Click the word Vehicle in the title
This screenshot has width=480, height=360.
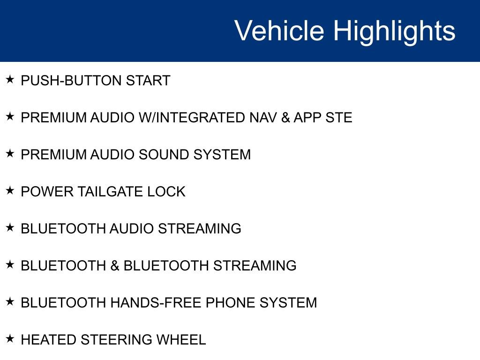279,30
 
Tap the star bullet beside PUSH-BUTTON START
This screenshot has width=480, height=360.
10,79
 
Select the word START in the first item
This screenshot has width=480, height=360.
148,81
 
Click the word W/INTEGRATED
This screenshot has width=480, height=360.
192,118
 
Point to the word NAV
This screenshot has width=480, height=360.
263,118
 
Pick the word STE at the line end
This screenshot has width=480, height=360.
339,118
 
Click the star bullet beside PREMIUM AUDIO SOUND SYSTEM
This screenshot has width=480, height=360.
10,153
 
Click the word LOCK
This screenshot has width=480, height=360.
166,192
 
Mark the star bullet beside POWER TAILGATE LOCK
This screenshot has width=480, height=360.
10,190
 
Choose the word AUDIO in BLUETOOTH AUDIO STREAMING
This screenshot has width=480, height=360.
132,229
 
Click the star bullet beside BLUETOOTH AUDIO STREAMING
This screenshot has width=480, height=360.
10,227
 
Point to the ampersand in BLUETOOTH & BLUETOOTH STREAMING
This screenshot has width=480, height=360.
115,266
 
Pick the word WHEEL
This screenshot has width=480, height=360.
181,340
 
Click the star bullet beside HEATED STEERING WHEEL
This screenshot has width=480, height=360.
10,338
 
